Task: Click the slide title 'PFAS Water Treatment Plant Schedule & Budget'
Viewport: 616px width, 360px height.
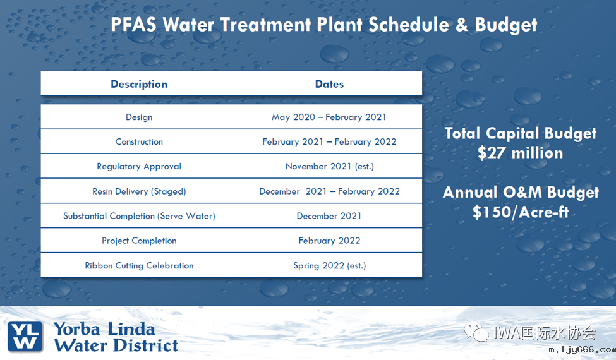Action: tap(323, 25)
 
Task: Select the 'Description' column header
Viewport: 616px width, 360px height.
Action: tap(139, 84)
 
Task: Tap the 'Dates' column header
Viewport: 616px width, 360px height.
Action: tap(329, 84)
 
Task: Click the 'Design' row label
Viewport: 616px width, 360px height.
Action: tap(139, 117)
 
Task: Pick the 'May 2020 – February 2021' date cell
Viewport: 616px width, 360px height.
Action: tap(329, 117)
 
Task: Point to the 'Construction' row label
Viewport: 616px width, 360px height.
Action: tap(139, 141)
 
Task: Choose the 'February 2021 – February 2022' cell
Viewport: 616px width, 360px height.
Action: tap(329, 141)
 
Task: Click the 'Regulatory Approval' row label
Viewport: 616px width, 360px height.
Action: tap(139, 167)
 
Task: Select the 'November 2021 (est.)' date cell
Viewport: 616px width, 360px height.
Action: tap(329, 167)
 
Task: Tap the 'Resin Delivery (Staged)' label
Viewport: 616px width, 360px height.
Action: tap(139, 191)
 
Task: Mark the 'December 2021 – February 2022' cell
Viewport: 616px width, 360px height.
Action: tap(329, 191)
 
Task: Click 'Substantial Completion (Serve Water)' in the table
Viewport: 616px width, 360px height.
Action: tap(139, 216)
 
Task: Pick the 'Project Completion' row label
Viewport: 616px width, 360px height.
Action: tap(139, 241)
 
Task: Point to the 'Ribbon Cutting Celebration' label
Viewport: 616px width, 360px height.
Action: tap(139, 266)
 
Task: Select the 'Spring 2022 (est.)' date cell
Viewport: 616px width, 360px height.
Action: tap(329, 266)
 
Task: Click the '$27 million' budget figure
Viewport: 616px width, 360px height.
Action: tap(520, 153)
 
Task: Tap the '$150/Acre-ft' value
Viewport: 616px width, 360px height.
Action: tap(520, 212)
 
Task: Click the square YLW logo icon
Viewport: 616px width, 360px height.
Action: tap(26, 336)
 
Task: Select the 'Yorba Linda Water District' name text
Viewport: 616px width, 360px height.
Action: tap(116, 337)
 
